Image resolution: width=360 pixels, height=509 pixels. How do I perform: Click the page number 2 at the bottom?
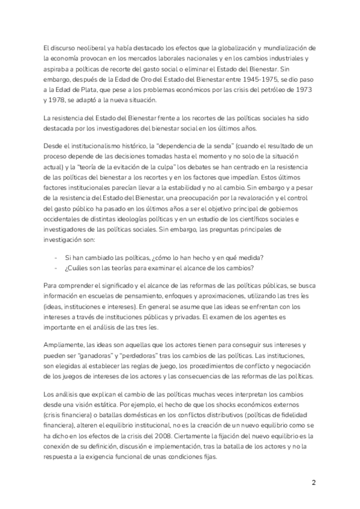314,483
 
